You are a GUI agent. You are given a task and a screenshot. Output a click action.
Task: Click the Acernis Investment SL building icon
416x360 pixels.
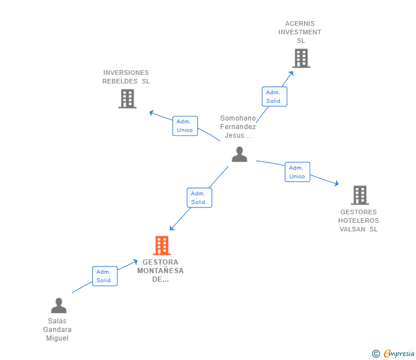click(301, 58)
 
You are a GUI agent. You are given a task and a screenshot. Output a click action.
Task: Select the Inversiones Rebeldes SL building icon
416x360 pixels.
click(127, 99)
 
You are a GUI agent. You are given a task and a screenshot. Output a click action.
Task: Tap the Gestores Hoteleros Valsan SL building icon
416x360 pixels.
click(359, 195)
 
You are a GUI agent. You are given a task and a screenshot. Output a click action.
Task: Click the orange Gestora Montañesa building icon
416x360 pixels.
click(162, 246)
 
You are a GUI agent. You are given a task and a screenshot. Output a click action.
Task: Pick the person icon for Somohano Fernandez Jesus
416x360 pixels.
click(239, 154)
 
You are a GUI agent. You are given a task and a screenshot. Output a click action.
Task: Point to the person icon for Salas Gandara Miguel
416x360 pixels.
click(58, 306)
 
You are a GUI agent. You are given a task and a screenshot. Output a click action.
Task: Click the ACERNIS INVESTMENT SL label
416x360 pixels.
click(300, 32)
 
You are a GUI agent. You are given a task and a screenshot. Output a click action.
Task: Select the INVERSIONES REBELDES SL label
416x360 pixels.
click(126, 77)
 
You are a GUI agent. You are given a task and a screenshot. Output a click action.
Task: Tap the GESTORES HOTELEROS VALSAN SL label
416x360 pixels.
click(358, 221)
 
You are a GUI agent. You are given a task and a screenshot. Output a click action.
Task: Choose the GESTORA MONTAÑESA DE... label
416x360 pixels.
click(161, 271)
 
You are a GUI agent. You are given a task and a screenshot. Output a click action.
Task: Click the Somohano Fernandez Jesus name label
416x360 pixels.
click(238, 127)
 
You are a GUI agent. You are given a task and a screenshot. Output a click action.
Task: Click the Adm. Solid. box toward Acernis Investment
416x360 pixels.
click(274, 97)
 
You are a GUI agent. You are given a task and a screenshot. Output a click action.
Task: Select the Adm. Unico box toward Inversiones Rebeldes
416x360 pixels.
click(185, 126)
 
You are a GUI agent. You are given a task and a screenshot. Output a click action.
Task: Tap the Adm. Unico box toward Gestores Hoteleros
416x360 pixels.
click(297, 172)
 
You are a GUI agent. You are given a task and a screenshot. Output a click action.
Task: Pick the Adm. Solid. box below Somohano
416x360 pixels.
click(199, 198)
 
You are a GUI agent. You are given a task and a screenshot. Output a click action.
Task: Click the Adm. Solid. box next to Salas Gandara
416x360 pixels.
click(105, 276)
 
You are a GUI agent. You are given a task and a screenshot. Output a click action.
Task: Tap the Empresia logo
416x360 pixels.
click(393, 354)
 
